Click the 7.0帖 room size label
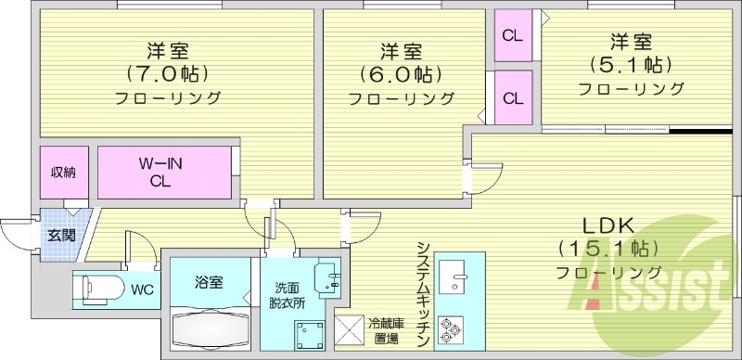[x=168, y=71]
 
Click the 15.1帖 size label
[x=608, y=249]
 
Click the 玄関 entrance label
[x=58, y=235]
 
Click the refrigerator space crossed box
[x=351, y=330]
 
